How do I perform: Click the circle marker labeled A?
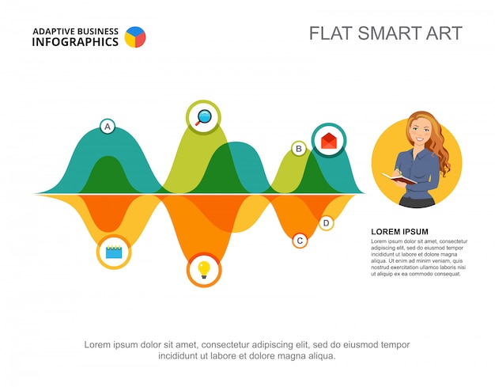click(x=108, y=126)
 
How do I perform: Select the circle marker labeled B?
click(x=299, y=148)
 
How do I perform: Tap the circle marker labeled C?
click(x=300, y=240)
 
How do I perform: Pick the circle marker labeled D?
click(x=327, y=223)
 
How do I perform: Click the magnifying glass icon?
click(x=204, y=117)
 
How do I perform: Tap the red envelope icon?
click(x=329, y=141)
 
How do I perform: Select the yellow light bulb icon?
click(x=204, y=270)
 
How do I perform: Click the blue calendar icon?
click(x=114, y=252)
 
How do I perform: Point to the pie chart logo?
click(x=135, y=36)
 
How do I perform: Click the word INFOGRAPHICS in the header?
click(x=75, y=42)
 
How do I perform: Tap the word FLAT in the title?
click(x=328, y=33)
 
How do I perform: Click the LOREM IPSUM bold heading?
click(x=399, y=232)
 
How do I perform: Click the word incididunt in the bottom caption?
click(x=183, y=356)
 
